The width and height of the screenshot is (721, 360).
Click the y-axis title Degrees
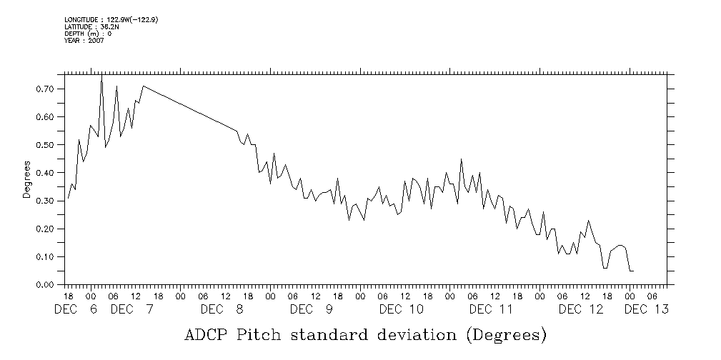coord(26,180)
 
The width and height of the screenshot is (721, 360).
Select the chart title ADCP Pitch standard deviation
coord(365,334)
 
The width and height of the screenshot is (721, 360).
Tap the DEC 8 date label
coord(222,309)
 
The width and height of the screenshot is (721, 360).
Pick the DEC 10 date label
coord(402,309)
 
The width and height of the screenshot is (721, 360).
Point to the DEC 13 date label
coord(647,309)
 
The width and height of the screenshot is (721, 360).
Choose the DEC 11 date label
coord(492,309)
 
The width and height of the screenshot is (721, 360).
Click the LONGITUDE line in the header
coord(111,20)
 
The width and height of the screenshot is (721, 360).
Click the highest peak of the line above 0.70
coord(101,76)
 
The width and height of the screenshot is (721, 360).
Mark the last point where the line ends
coord(633,271)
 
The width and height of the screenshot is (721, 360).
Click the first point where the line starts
coord(68,199)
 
